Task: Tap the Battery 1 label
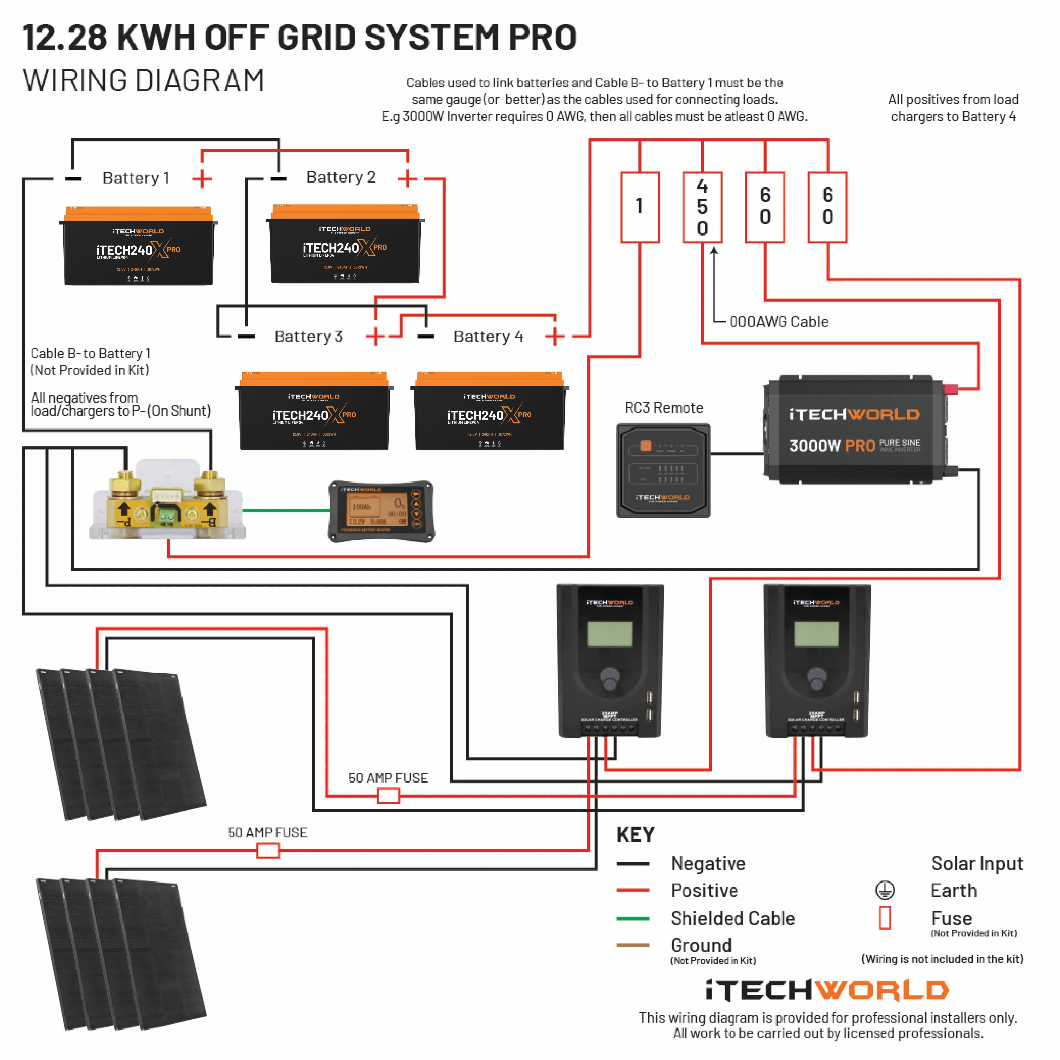tap(136, 178)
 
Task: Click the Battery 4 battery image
tap(489, 412)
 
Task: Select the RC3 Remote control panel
tap(663, 470)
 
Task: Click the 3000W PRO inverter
tap(855, 430)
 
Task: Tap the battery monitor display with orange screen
tap(381, 511)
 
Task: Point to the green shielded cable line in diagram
tap(285, 510)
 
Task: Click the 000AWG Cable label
tap(778, 321)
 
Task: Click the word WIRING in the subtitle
tap(74, 81)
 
